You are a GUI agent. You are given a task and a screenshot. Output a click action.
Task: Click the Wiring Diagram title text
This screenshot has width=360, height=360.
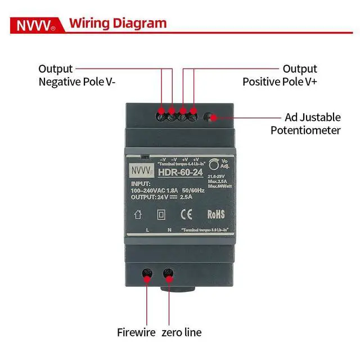tap(118, 23)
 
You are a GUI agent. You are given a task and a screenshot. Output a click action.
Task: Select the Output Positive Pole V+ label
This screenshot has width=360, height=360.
tap(280, 75)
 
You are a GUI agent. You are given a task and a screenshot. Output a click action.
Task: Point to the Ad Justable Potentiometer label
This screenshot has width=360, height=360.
tap(305, 124)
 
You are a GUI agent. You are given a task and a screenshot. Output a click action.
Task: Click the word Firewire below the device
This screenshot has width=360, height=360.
tap(136, 332)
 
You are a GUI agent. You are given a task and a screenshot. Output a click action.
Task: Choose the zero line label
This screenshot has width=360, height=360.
tap(181, 332)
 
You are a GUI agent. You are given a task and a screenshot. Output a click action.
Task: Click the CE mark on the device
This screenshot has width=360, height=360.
tap(186, 214)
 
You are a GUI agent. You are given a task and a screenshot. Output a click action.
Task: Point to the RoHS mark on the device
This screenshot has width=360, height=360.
tap(216, 214)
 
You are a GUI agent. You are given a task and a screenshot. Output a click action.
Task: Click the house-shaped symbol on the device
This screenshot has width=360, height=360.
tap(138, 214)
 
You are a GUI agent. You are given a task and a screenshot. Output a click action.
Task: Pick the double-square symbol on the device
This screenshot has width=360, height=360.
tap(161, 214)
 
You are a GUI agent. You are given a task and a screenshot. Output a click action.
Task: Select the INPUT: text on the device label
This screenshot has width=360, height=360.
tap(141, 183)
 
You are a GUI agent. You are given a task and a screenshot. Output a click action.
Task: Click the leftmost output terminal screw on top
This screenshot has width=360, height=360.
tap(162, 117)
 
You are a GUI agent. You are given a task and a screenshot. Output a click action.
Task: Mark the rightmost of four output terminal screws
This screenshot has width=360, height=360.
tap(193, 117)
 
